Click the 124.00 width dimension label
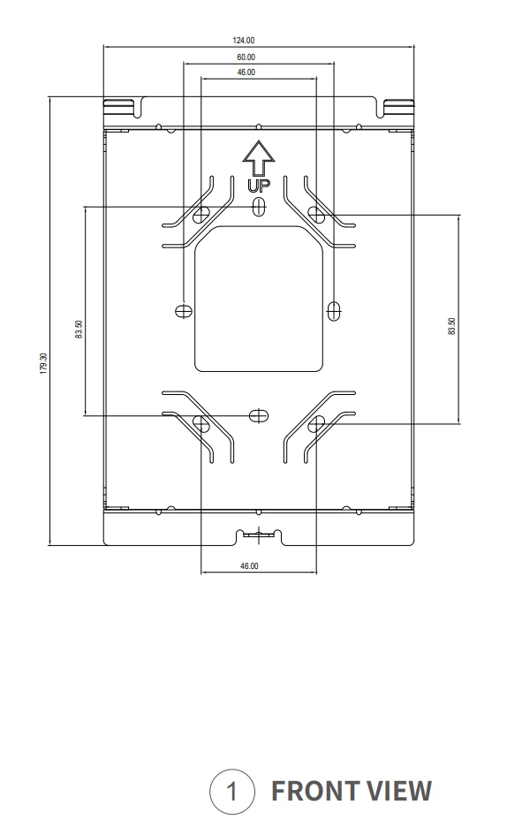[x=244, y=41]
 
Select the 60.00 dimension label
[x=246, y=57]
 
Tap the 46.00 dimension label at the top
[x=246, y=72]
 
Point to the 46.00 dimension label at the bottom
[x=249, y=566]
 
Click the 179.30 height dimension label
[x=43, y=363]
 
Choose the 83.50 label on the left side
[x=79, y=330]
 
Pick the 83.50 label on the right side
[x=451, y=326]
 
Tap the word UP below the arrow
[x=259, y=186]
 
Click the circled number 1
[x=232, y=792]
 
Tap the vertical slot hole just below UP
[x=259, y=207]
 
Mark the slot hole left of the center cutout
[x=184, y=310]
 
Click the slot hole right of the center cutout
[x=334, y=310]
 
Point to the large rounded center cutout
[x=259, y=299]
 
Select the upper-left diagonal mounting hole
[x=201, y=214]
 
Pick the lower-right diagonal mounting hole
[x=316, y=424]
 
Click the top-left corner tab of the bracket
[x=118, y=107]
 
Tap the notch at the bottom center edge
[x=259, y=535]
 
